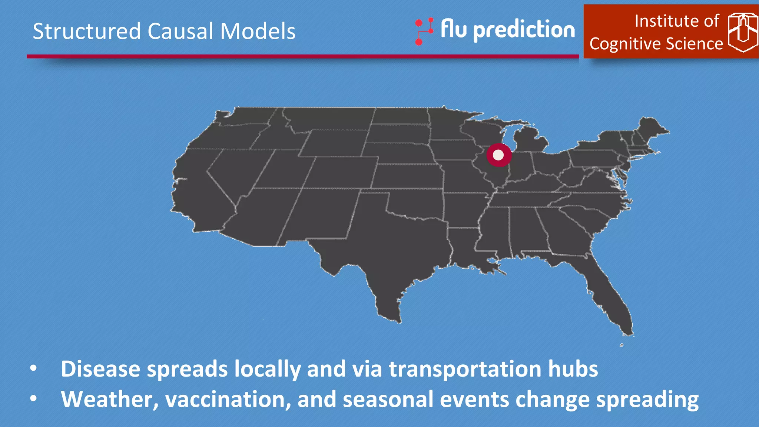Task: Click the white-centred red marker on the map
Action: [x=499, y=155]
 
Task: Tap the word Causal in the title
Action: [x=180, y=31]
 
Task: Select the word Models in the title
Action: [x=258, y=31]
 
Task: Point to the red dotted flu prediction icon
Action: [x=424, y=32]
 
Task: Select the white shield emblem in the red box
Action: [x=742, y=32]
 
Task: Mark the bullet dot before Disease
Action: [x=34, y=368]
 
